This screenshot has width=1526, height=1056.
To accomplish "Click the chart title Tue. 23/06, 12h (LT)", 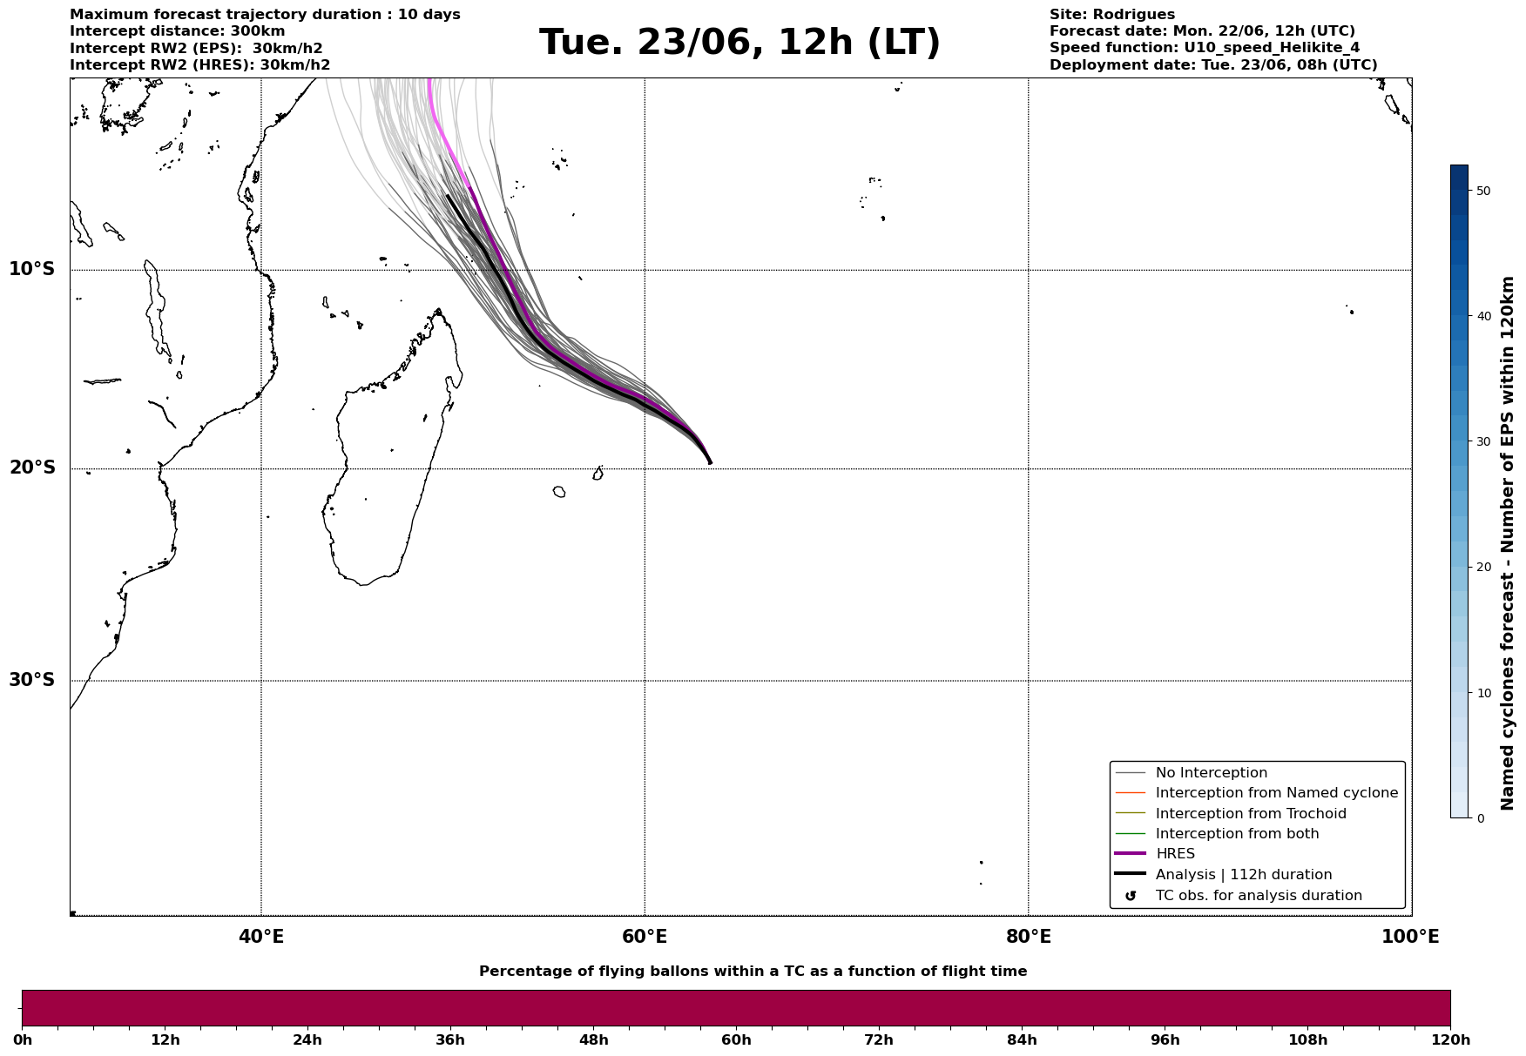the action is [x=739, y=43].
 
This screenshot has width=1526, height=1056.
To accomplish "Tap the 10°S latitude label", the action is [x=32, y=269].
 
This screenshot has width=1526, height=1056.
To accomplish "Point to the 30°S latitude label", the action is [x=32, y=680].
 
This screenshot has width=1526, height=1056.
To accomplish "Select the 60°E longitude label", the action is [x=645, y=937].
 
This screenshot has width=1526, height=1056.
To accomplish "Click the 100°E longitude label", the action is [x=1410, y=937].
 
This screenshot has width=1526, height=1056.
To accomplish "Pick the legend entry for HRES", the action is [x=1175, y=854].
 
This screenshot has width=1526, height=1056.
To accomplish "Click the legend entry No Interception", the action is [x=1212, y=773].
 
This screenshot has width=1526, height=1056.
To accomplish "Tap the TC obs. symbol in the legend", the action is [x=1131, y=896].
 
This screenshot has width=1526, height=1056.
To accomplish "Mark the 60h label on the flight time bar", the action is [x=736, y=1040].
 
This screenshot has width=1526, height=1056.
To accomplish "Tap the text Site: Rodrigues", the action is [x=1112, y=15].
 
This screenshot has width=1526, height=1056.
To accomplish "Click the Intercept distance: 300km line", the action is [x=178, y=31].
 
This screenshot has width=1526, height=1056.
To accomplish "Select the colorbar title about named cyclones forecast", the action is [x=1508, y=543].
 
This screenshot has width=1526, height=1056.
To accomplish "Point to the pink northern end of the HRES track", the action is [x=429, y=80].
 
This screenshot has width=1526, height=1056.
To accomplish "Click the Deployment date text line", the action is [x=1213, y=65].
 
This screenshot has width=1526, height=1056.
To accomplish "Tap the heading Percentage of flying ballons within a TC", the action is [x=753, y=972].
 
